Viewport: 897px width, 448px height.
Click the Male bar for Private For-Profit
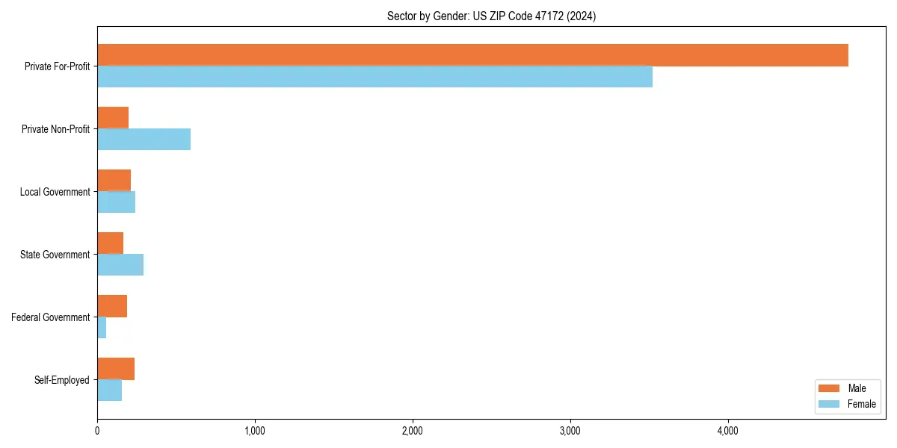[x=472, y=55]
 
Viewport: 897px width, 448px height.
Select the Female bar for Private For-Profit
[x=374, y=77]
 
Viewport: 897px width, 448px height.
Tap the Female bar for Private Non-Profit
[x=144, y=140]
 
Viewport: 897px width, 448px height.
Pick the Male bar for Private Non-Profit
[x=113, y=118]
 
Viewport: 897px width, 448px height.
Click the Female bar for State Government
[x=120, y=265]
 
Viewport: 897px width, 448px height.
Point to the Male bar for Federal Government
[x=112, y=306]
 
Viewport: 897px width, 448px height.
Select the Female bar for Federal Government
[x=102, y=328]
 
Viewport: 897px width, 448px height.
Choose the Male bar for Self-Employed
[x=116, y=369]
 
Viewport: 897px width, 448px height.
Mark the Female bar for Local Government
[x=116, y=202]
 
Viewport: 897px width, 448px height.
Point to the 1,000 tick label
[x=255, y=431]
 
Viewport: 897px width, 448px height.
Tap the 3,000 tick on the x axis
[x=570, y=431]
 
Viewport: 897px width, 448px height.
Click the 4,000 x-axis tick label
[x=728, y=431]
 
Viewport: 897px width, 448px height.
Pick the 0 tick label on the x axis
[x=97, y=431]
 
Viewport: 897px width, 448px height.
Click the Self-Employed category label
[x=62, y=380]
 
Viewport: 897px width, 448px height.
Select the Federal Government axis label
[x=51, y=317]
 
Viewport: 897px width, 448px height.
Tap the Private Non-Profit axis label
[x=55, y=129]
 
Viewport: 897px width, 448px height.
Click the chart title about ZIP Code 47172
[x=491, y=16]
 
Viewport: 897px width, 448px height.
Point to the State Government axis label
[x=55, y=255]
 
